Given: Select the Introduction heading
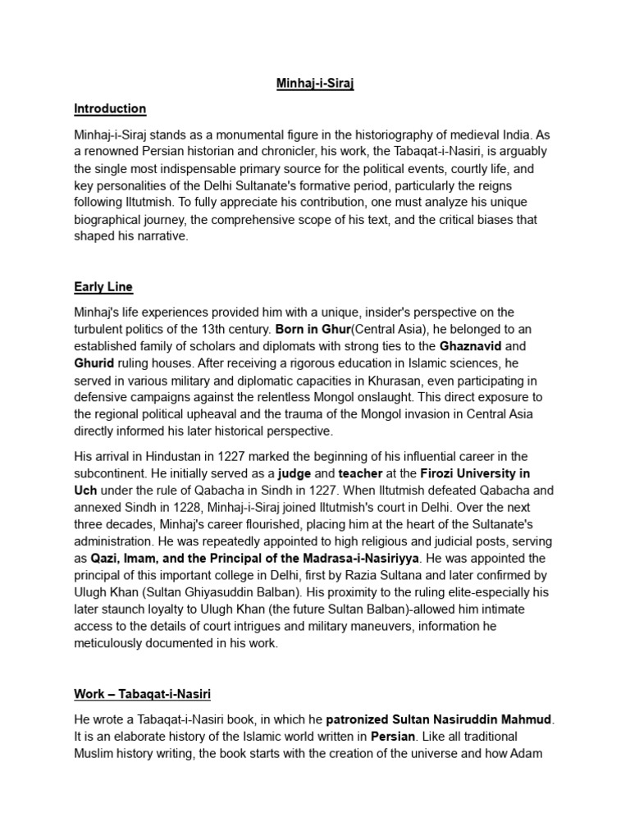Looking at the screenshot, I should [x=110, y=108].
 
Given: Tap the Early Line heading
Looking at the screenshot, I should [x=103, y=287].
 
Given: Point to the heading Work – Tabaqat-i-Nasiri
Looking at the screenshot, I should [x=143, y=694].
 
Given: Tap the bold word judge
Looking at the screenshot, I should [x=295, y=473].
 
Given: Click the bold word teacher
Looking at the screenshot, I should [x=357, y=473].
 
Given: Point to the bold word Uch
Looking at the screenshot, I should [x=86, y=490].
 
